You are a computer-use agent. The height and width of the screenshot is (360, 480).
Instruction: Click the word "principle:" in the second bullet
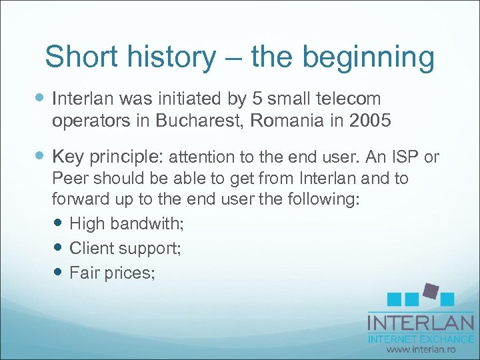(x=128, y=157)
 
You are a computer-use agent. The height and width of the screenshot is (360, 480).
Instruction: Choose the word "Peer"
(x=70, y=179)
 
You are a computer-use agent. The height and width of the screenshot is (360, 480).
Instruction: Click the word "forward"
(x=81, y=200)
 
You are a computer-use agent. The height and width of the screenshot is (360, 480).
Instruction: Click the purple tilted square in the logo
(x=430, y=291)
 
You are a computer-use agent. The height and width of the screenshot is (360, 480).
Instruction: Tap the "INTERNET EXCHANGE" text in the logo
(x=421, y=339)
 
